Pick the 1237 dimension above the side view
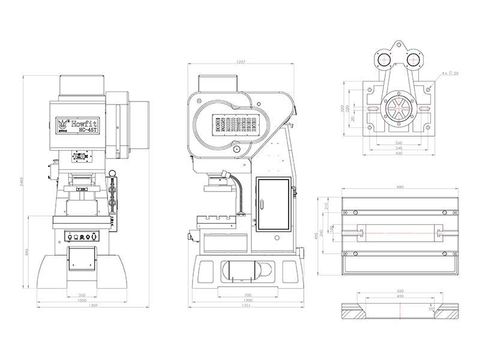(241, 62)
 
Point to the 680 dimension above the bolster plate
(400, 187)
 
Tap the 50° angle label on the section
(447, 308)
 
